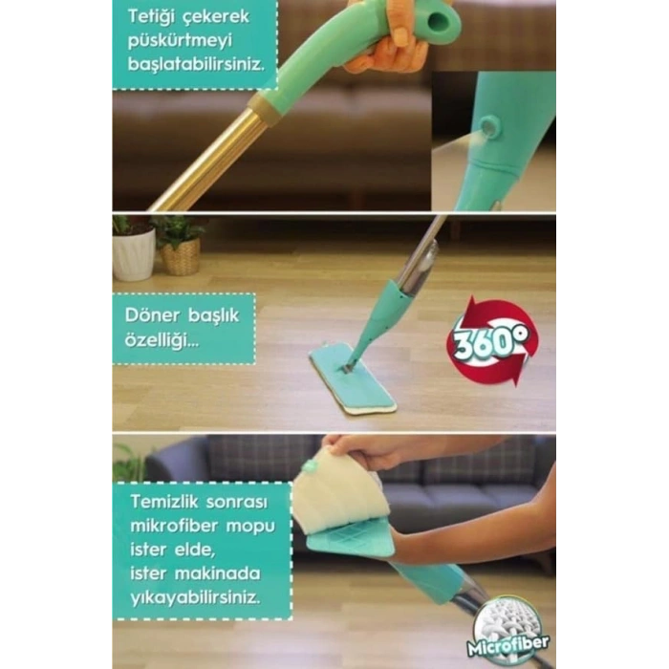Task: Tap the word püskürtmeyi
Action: [x=180, y=42]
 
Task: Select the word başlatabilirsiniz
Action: [x=196, y=64]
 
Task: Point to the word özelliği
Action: [x=162, y=340]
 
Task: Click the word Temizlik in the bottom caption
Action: [x=164, y=502]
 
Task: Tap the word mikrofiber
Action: [x=174, y=526]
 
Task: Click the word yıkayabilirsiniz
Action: [x=195, y=598]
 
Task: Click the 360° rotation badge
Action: [x=492, y=341]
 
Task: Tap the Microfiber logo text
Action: [x=508, y=644]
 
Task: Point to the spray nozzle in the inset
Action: [x=487, y=127]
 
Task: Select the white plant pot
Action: [x=133, y=253]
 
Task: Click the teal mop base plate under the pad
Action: [x=351, y=541]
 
